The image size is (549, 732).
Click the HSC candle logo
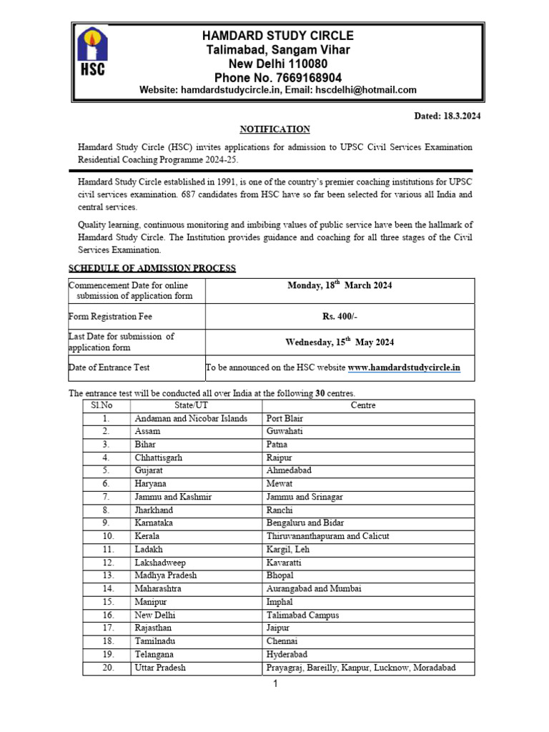point(91,51)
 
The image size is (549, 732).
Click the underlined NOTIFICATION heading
point(274,129)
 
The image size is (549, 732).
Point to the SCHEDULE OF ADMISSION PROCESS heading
point(152,268)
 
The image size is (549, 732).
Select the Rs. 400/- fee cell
point(340,316)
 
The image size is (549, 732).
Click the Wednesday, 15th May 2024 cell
point(340,342)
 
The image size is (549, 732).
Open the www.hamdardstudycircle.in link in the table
point(404,367)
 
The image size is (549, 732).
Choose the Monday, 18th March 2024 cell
point(340,285)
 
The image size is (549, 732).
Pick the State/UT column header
point(195,405)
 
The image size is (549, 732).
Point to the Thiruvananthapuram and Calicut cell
point(327,536)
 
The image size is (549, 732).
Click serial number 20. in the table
point(107,668)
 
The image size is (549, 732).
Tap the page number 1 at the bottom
point(274,685)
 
